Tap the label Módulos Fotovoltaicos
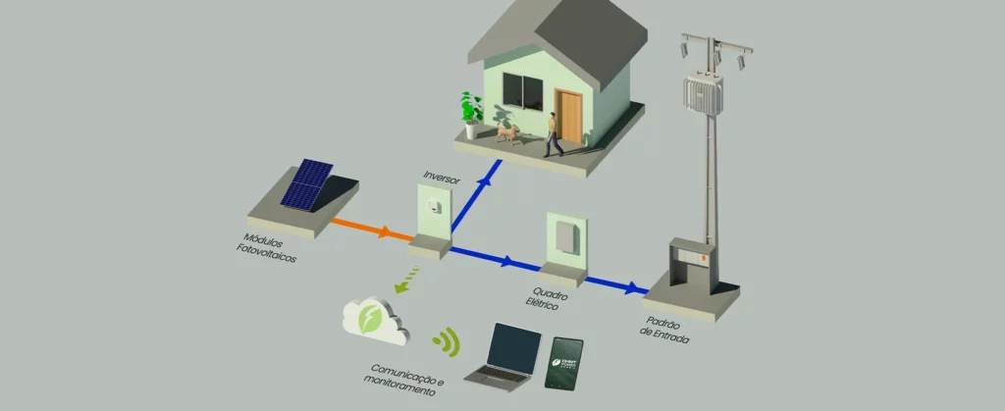click(x=266, y=248)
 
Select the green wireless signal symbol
click(x=448, y=340)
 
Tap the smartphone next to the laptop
click(x=564, y=364)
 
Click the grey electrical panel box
click(x=564, y=238)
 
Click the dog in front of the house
click(x=506, y=131)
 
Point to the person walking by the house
click(x=554, y=133)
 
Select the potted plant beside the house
click(x=472, y=112)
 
